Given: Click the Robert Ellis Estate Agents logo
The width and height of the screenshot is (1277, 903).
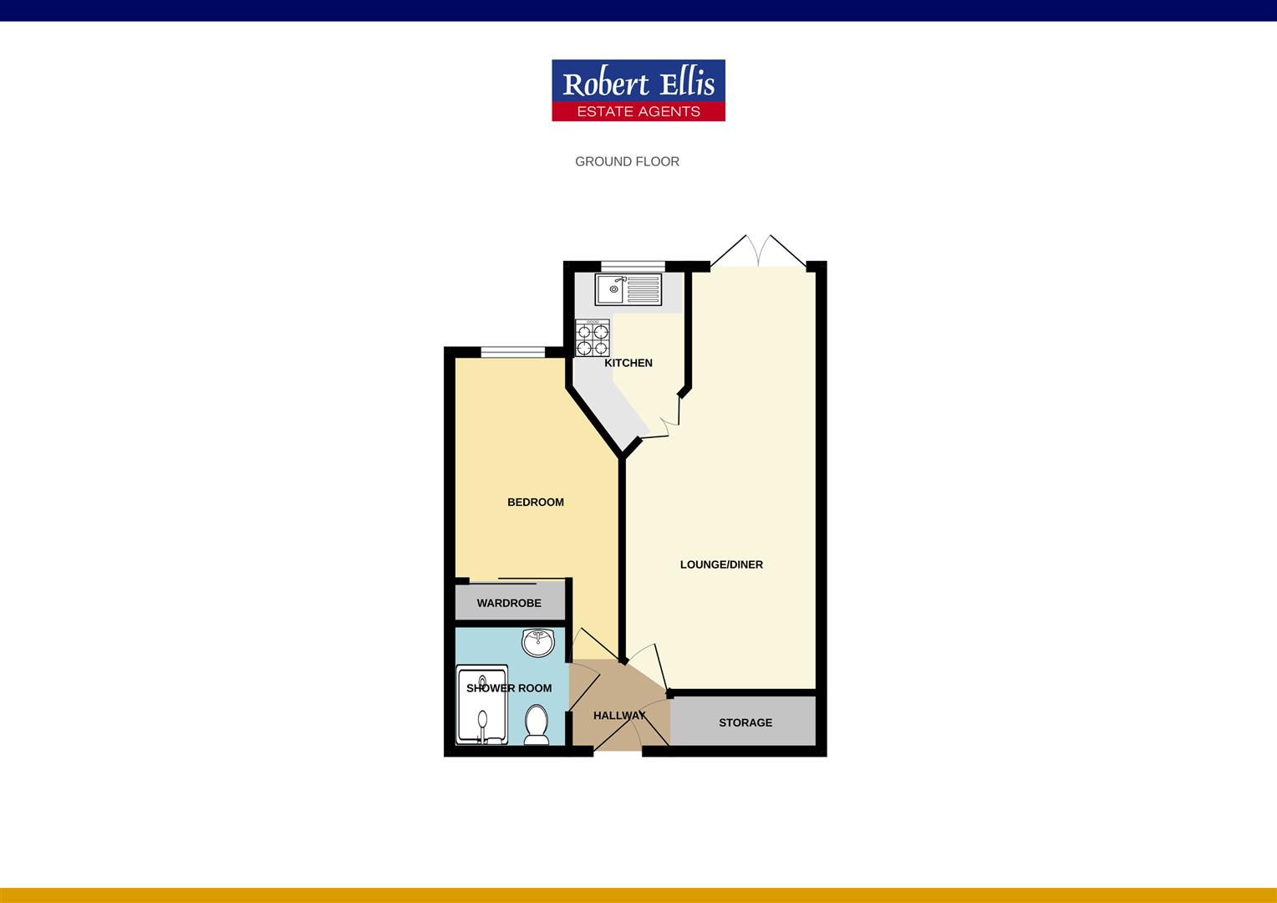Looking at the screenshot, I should pyautogui.click(x=638, y=89).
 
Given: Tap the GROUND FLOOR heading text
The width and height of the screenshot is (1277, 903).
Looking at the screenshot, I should pyautogui.click(x=627, y=161).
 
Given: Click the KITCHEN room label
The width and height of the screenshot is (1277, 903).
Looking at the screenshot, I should pyautogui.click(x=628, y=363).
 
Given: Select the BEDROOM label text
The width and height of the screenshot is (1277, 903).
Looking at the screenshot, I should pyautogui.click(x=536, y=502).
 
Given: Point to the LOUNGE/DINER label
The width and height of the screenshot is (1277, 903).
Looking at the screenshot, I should pyautogui.click(x=721, y=564).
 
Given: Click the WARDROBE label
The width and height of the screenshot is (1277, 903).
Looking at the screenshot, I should pyautogui.click(x=509, y=603).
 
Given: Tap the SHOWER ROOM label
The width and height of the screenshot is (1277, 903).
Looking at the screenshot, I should pyautogui.click(x=509, y=688).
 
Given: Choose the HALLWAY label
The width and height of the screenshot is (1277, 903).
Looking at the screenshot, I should pyautogui.click(x=619, y=716).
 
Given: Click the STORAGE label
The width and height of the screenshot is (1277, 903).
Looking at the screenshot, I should pyautogui.click(x=745, y=722).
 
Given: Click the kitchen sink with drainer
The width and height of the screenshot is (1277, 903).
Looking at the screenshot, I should pyautogui.click(x=628, y=289).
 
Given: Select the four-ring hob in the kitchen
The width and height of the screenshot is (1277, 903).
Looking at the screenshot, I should pyautogui.click(x=592, y=338).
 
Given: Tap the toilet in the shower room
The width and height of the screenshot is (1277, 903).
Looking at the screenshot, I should pyautogui.click(x=536, y=724).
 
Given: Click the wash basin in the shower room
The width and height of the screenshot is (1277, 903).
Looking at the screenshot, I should pyautogui.click(x=537, y=643).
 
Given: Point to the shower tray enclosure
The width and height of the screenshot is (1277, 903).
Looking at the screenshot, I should pyautogui.click(x=482, y=704).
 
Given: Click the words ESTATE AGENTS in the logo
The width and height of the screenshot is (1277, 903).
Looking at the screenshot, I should pyautogui.click(x=638, y=111).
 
